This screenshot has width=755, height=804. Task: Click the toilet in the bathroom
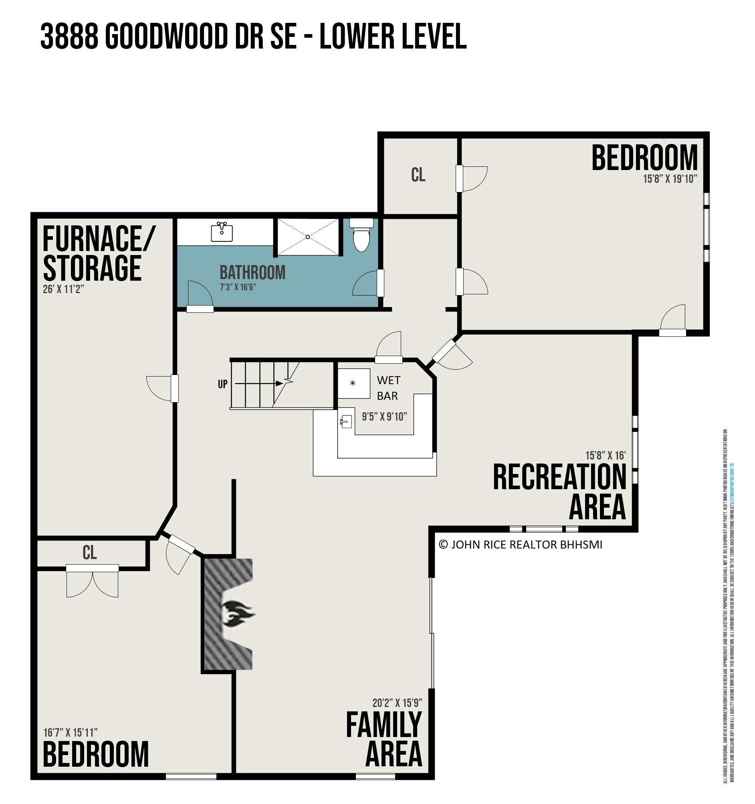pyautogui.click(x=361, y=237)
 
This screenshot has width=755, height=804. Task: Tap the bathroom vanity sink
pyautogui.click(x=222, y=232)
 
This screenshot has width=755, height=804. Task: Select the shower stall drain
pyautogui.click(x=308, y=237)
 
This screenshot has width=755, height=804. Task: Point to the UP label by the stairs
pyautogui.click(x=223, y=384)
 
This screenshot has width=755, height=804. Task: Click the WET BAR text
pyautogui.click(x=388, y=388)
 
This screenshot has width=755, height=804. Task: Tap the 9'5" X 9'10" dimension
pyautogui.click(x=384, y=417)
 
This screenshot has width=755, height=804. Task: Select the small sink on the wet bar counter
pyautogui.click(x=345, y=422)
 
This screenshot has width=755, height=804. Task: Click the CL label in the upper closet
pyautogui.click(x=418, y=175)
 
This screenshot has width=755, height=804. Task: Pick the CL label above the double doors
pyautogui.click(x=89, y=553)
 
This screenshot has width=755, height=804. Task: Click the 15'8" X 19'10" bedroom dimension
pyautogui.click(x=670, y=179)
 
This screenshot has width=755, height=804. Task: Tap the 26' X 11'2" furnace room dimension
pyautogui.click(x=63, y=290)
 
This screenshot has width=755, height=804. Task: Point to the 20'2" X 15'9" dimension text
pyautogui.click(x=397, y=703)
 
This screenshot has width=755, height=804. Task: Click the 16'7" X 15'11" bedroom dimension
pyautogui.click(x=70, y=732)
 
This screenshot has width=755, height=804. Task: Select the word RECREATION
pyautogui.click(x=559, y=478)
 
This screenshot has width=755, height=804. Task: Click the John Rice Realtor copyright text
pyautogui.click(x=520, y=545)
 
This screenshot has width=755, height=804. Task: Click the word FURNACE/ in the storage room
pyautogui.click(x=98, y=239)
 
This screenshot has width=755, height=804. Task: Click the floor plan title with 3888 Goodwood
pyautogui.click(x=253, y=36)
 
